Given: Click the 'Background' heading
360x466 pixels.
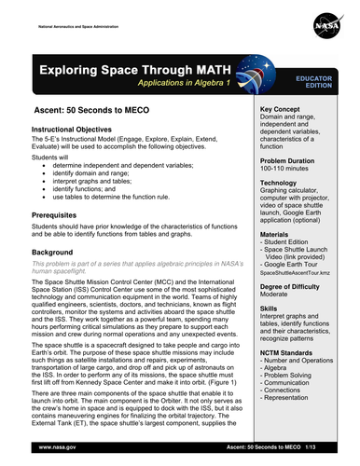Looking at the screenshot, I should tap(59, 253).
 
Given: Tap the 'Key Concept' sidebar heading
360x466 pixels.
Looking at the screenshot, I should tap(285, 109).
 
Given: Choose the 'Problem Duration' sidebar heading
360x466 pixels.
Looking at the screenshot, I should tap(295, 161).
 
